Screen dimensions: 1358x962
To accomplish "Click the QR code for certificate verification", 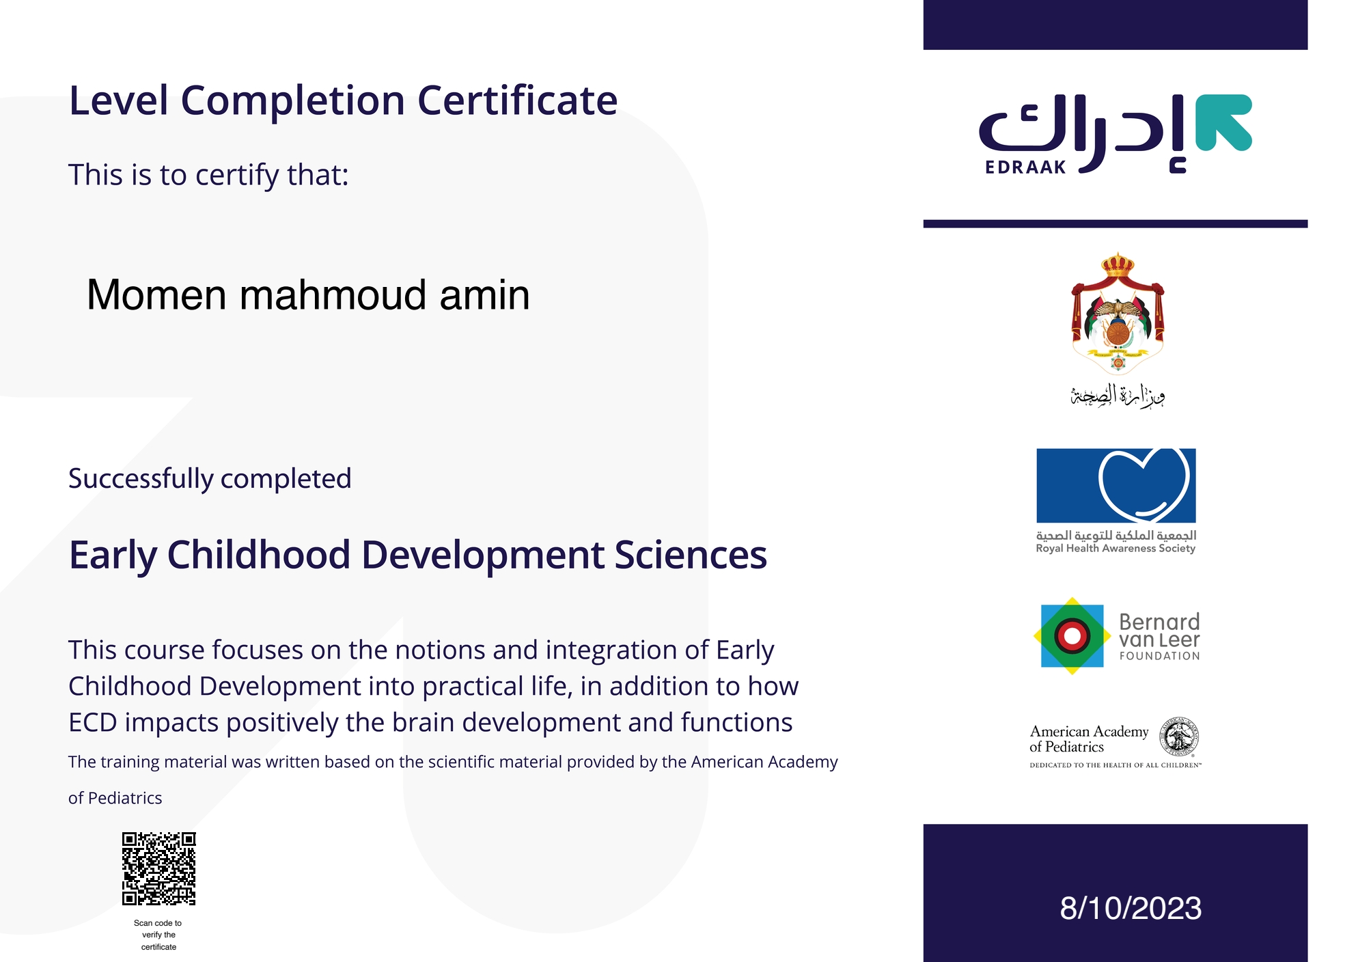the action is (x=158, y=868).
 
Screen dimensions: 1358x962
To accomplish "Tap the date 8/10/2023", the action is (x=1131, y=908).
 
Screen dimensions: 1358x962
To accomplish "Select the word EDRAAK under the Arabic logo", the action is (x=1025, y=167).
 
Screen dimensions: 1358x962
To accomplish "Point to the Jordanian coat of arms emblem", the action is (x=1118, y=313).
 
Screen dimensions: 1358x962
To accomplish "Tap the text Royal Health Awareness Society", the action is (x=1115, y=548).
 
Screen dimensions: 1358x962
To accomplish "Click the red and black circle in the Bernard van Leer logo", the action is (x=1072, y=636).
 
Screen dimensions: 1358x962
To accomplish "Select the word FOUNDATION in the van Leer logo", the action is (x=1159, y=656).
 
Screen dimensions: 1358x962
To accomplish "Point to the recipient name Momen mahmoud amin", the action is (x=308, y=295).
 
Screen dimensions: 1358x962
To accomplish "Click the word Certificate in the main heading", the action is (x=517, y=100).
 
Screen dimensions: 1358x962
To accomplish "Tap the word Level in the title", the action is (x=119, y=100).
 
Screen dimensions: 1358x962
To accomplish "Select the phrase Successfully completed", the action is (x=210, y=478).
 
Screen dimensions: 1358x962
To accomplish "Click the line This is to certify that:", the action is (x=208, y=175).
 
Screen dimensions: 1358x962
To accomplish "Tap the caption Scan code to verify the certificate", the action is (x=158, y=935).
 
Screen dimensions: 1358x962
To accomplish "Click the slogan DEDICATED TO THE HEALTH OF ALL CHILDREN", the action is (x=1115, y=765).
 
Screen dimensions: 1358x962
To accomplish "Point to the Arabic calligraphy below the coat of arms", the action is (x=1118, y=396).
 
